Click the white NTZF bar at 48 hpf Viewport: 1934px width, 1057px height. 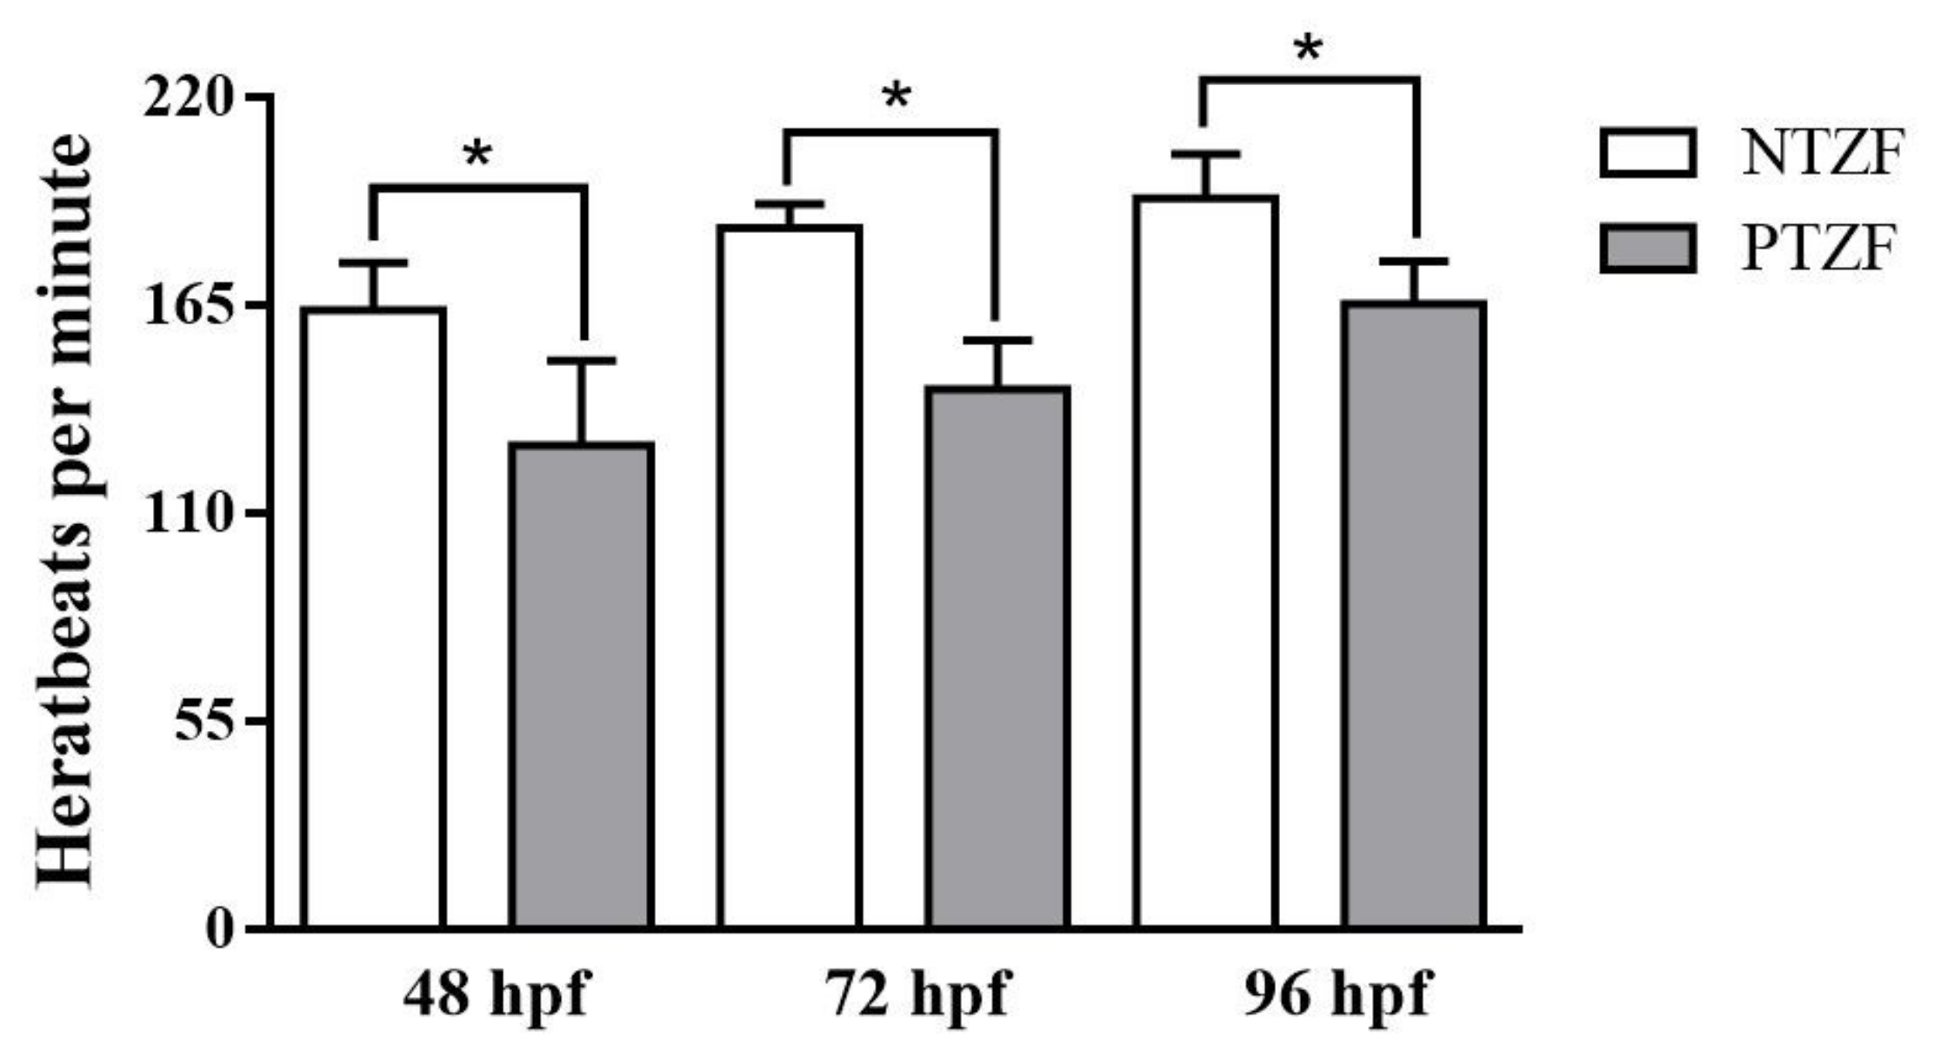coord(374,617)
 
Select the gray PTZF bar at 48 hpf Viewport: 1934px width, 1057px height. coord(582,687)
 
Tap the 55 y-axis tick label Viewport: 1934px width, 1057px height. coord(204,721)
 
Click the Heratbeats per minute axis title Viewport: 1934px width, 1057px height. coord(65,513)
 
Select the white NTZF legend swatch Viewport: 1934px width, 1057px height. coord(1648,154)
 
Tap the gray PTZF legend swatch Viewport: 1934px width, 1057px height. coord(1648,249)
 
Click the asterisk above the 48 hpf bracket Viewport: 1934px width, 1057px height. coord(477,155)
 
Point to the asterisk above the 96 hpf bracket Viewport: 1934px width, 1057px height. coord(1308,49)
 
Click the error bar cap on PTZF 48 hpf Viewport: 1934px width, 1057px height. coord(582,360)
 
